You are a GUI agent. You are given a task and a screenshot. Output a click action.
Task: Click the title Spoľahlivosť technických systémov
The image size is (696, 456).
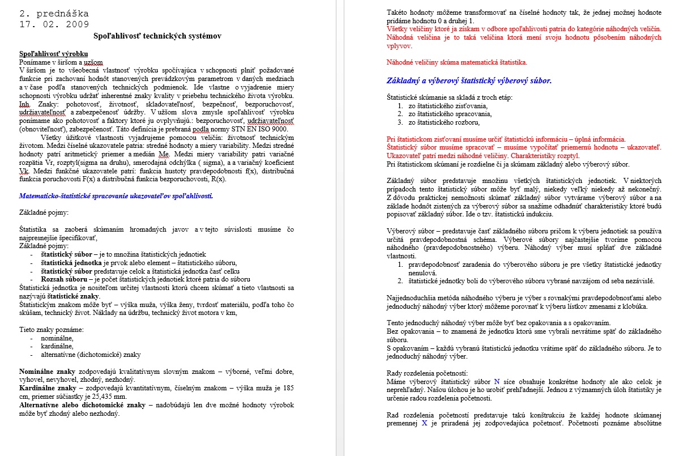157,36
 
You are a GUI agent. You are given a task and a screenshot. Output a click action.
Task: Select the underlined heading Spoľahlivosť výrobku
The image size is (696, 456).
53,53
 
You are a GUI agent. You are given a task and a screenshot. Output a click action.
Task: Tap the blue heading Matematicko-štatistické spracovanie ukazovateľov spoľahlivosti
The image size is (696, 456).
116,195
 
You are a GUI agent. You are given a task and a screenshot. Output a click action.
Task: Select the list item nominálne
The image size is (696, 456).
57,338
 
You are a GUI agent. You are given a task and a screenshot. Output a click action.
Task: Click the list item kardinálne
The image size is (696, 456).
57,346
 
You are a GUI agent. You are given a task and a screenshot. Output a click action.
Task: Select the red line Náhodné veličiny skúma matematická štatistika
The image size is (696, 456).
456,62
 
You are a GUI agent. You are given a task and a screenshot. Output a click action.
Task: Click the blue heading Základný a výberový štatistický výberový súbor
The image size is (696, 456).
469,80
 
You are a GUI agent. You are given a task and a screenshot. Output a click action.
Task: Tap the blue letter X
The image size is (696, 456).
424,423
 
